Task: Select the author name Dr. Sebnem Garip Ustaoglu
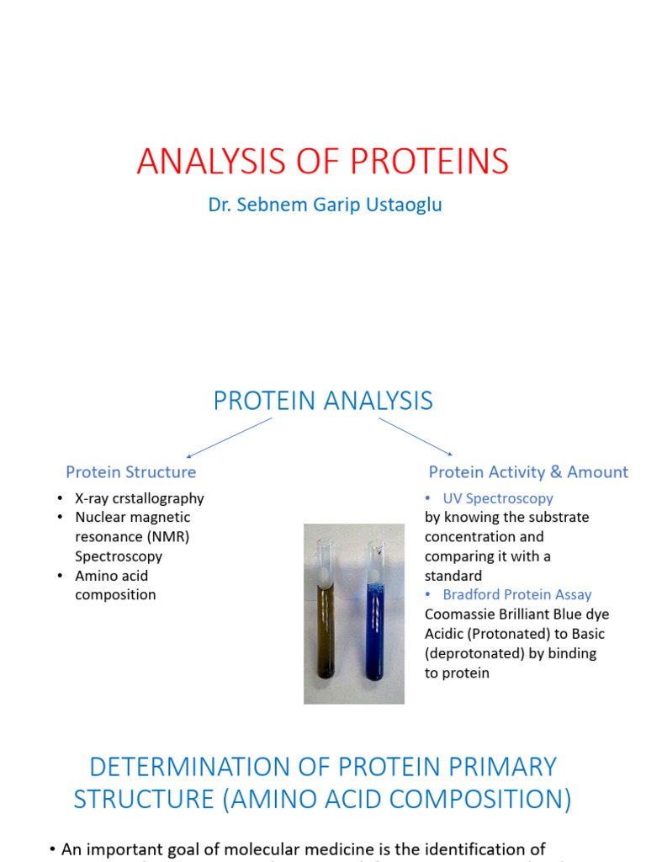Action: tap(325, 205)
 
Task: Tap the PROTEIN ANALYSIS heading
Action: tap(323, 401)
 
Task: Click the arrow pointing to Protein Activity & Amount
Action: tap(416, 437)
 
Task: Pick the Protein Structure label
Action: tap(131, 472)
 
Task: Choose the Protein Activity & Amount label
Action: tap(528, 472)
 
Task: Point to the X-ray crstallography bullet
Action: tap(139, 498)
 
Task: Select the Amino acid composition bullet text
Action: tap(115, 585)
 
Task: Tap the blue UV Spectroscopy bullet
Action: tap(497, 498)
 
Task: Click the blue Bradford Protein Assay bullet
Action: tap(516, 595)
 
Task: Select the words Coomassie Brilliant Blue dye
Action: tap(516, 615)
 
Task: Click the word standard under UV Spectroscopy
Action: tap(453, 576)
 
